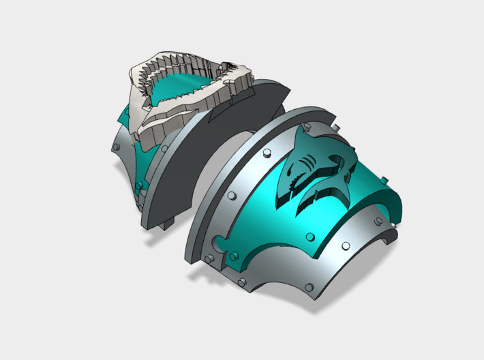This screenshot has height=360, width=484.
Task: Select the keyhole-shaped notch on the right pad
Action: pos(220,242)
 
